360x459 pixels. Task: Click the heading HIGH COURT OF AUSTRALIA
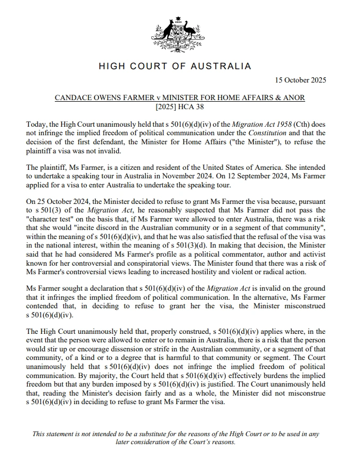pos(175,67)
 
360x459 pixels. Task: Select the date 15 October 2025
pos(300,80)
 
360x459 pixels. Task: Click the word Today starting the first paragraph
pos(37,124)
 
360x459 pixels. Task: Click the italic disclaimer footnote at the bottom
pos(175,438)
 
